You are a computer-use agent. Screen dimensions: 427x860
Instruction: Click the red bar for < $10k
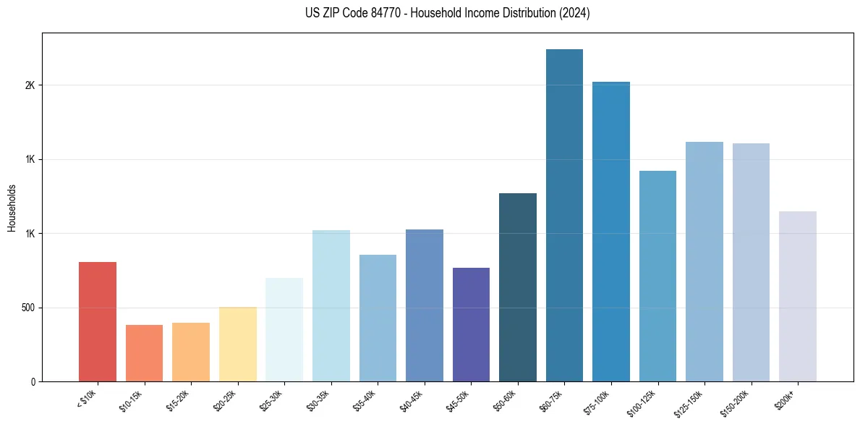coord(97,322)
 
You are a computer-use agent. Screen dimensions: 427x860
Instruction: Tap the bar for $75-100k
coord(610,232)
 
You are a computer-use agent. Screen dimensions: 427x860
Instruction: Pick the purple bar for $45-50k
coord(471,325)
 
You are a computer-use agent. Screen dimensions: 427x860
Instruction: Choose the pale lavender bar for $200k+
coord(798,297)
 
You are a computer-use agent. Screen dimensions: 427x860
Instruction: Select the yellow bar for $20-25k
coord(237,344)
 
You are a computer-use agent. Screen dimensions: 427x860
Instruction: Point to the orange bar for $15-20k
coord(191,352)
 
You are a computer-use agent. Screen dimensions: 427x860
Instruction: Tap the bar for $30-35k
coord(331,306)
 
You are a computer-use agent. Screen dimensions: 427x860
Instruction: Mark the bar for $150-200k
coord(751,263)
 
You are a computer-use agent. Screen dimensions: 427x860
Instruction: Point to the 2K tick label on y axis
coord(29,85)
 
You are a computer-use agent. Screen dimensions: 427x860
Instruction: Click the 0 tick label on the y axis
coord(33,382)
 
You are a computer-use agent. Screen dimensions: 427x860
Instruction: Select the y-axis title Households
coord(12,208)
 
